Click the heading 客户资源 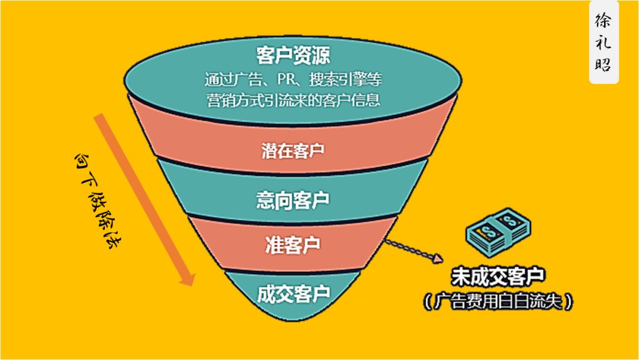coord(293,56)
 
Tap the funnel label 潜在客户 coord(293,150)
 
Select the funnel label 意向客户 coord(293,199)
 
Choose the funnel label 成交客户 coord(293,292)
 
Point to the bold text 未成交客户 coord(498,276)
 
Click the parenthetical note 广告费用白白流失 coord(498,302)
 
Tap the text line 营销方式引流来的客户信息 coord(293,99)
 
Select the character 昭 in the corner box coord(603,64)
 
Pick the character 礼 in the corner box coord(603,43)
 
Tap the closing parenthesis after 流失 coord(569,302)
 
